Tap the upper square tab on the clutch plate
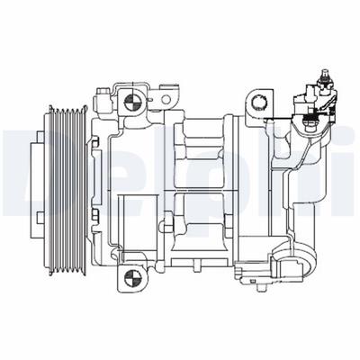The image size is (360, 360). [40, 136]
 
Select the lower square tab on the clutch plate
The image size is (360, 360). [40, 218]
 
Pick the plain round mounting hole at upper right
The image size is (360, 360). [258, 103]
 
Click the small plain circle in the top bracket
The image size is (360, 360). [166, 99]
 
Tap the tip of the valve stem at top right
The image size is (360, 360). [324, 72]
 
